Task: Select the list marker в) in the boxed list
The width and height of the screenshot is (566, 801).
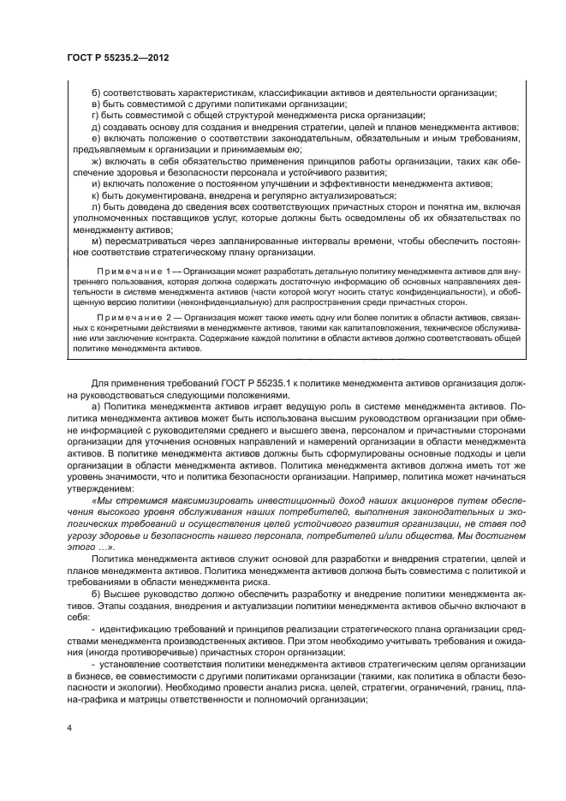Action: click(x=97, y=104)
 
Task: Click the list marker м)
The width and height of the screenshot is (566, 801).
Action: click(x=97, y=242)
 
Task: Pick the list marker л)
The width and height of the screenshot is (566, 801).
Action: click(x=97, y=206)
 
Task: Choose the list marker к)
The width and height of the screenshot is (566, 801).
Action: click(x=96, y=195)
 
